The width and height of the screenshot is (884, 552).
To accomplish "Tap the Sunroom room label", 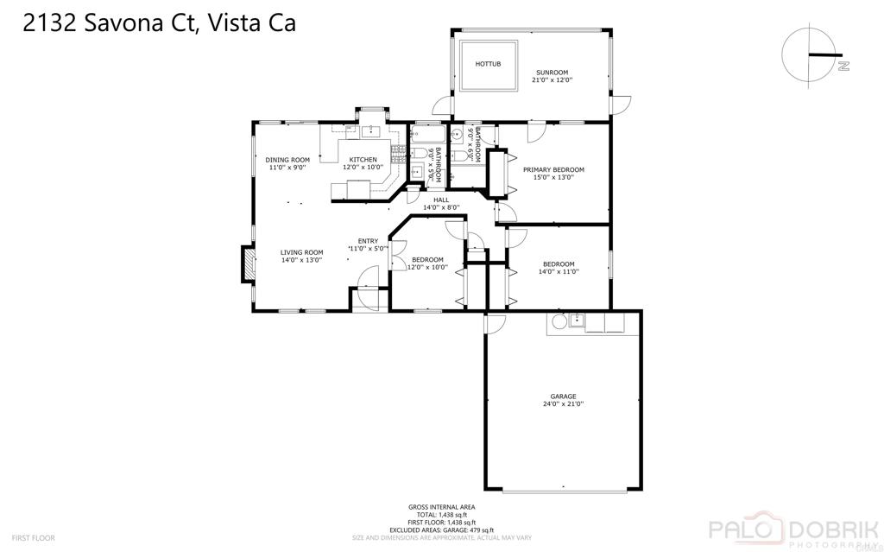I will [552, 76].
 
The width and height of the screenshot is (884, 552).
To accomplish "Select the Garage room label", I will [563, 400].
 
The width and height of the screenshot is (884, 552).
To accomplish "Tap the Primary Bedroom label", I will [553, 174].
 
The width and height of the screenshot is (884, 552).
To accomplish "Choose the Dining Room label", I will [287, 163].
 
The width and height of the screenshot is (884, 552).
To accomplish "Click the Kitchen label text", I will [363, 163].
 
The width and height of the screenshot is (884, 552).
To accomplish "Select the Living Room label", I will [301, 256].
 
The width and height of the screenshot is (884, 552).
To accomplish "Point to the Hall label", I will [441, 203].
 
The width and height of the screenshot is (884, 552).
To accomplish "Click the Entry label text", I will [368, 244].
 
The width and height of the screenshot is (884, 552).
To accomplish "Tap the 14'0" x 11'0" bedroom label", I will [559, 268].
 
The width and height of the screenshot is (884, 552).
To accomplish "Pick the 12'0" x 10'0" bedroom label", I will [427, 263].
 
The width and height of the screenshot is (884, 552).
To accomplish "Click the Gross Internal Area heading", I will [441, 507].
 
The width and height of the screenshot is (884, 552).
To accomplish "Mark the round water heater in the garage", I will [559, 322].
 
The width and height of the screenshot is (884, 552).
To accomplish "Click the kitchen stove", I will [398, 155].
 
